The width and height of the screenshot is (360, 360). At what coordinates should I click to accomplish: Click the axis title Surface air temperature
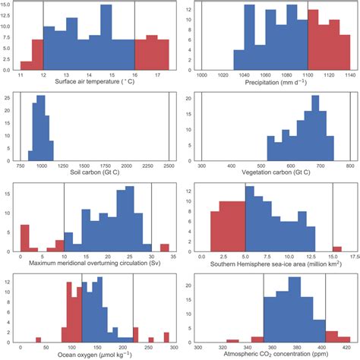93,85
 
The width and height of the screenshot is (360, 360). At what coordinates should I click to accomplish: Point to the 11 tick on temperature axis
21,77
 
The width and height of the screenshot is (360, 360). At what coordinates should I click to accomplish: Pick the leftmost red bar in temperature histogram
26,65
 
